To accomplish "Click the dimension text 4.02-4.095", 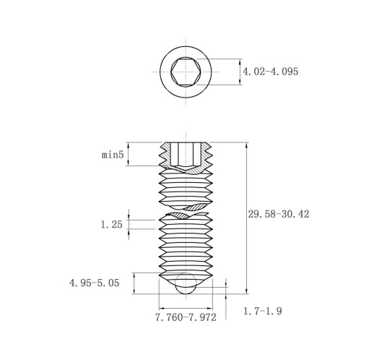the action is coord(270,72).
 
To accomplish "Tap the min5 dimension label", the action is coord(113,155).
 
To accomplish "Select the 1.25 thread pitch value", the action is coord(111,225).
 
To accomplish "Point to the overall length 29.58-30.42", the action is coord(279,214).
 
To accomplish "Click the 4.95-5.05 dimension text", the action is coord(95,283).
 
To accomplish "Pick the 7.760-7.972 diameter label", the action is coord(186,317).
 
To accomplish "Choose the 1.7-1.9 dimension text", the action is coord(263,311).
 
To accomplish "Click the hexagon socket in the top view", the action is coord(186,72).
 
